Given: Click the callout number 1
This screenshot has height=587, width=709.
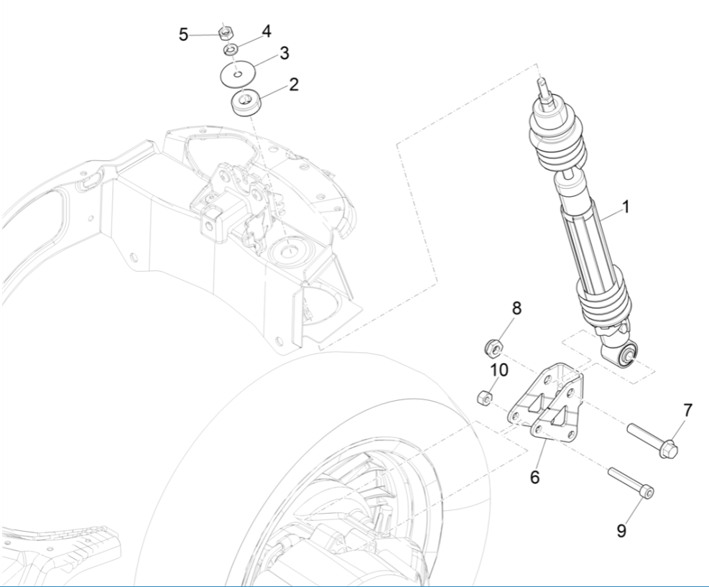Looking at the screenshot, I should pos(626,207).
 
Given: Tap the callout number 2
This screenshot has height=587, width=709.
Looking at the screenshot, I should pos(293,85).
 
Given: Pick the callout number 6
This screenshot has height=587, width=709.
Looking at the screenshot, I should pos(534,476).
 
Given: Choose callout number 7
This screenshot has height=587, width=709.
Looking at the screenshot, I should pos(687,411).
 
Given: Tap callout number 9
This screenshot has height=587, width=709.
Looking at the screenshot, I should pos(621,530).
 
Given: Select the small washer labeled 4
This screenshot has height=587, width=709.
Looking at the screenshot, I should pos(231,50).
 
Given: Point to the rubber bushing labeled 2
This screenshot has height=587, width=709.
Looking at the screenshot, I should pos(246,103).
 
